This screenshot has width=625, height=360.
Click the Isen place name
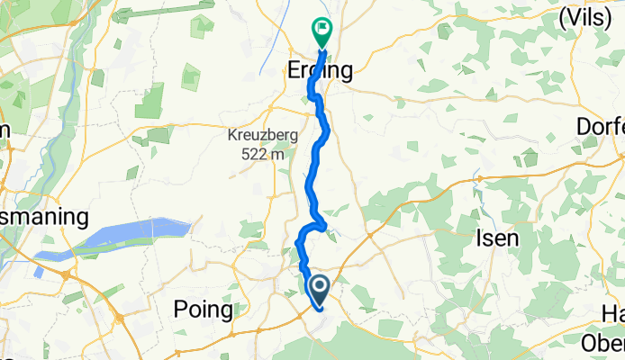click(x=496, y=238)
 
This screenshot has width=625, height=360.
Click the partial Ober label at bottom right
click(x=602, y=342)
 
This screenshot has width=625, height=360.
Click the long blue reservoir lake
click(x=126, y=237)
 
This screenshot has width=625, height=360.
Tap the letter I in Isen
click(x=477, y=238)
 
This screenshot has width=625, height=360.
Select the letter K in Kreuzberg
click(x=231, y=136)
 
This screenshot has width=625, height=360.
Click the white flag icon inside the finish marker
click(x=322, y=29)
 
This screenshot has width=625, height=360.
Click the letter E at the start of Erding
click(x=294, y=71)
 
